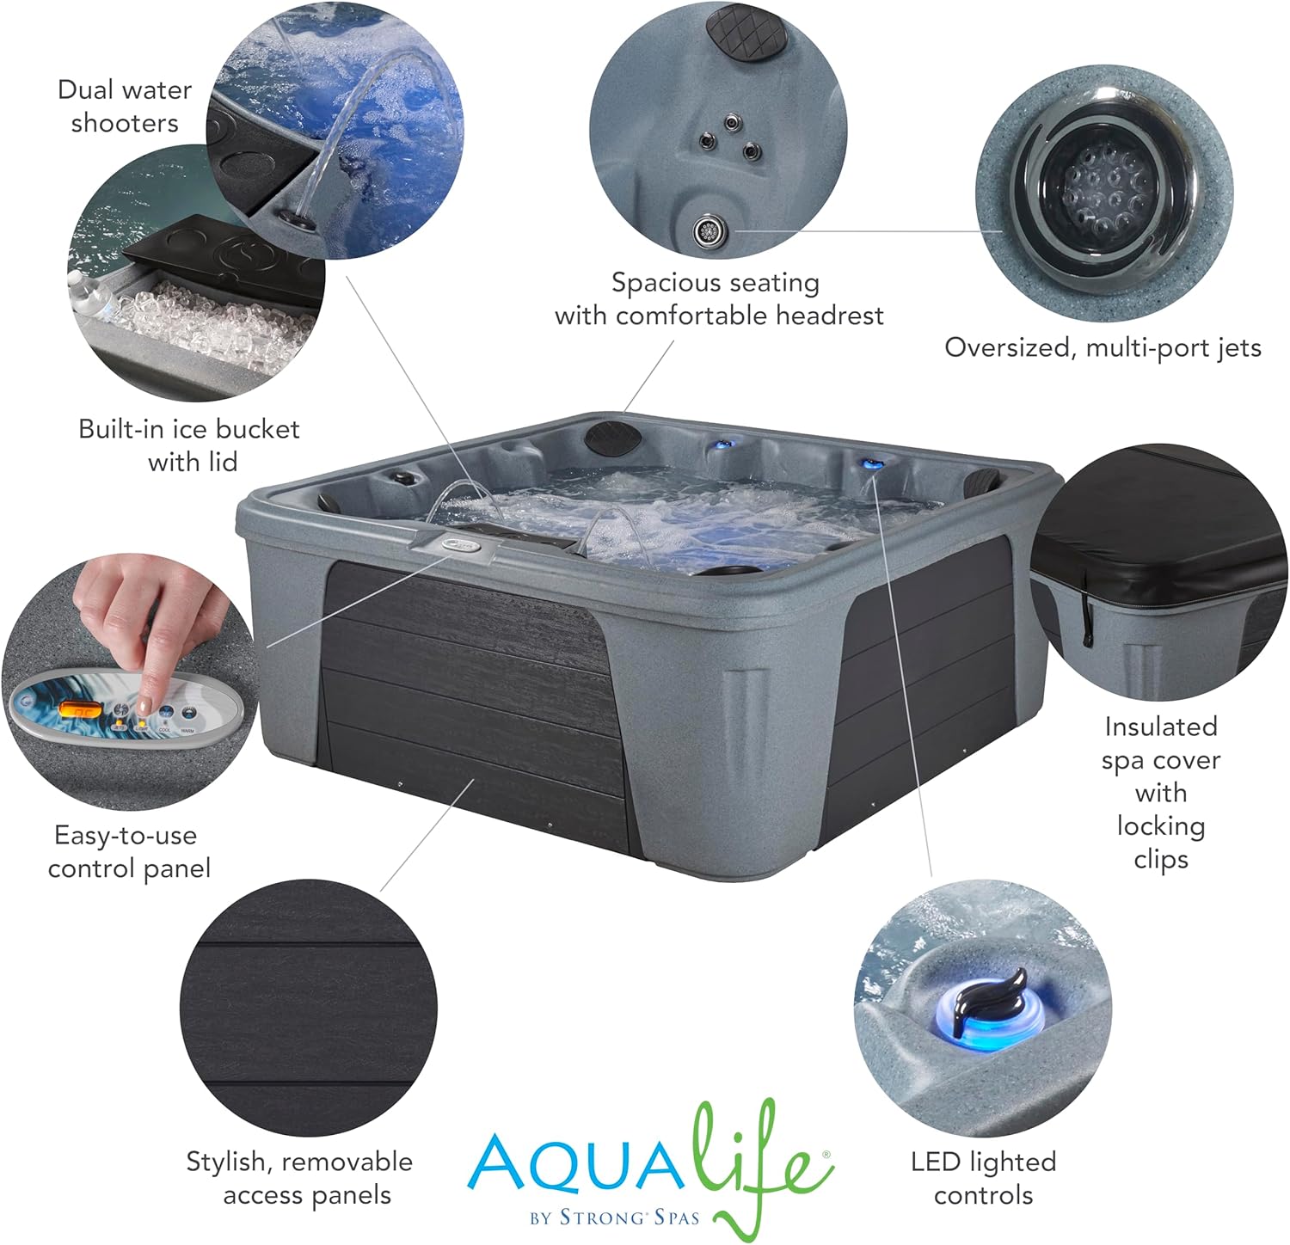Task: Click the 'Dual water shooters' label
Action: (x=124, y=107)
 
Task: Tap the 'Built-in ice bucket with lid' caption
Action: (x=189, y=445)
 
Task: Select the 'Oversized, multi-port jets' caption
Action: (x=1103, y=348)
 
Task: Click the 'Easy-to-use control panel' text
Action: (x=128, y=852)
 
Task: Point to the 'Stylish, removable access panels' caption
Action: (x=300, y=1178)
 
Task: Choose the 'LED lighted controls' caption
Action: (x=983, y=1178)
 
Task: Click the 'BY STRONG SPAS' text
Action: (x=615, y=1217)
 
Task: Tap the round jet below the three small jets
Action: (x=710, y=231)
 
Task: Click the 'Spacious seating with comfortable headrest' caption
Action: (x=719, y=299)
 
